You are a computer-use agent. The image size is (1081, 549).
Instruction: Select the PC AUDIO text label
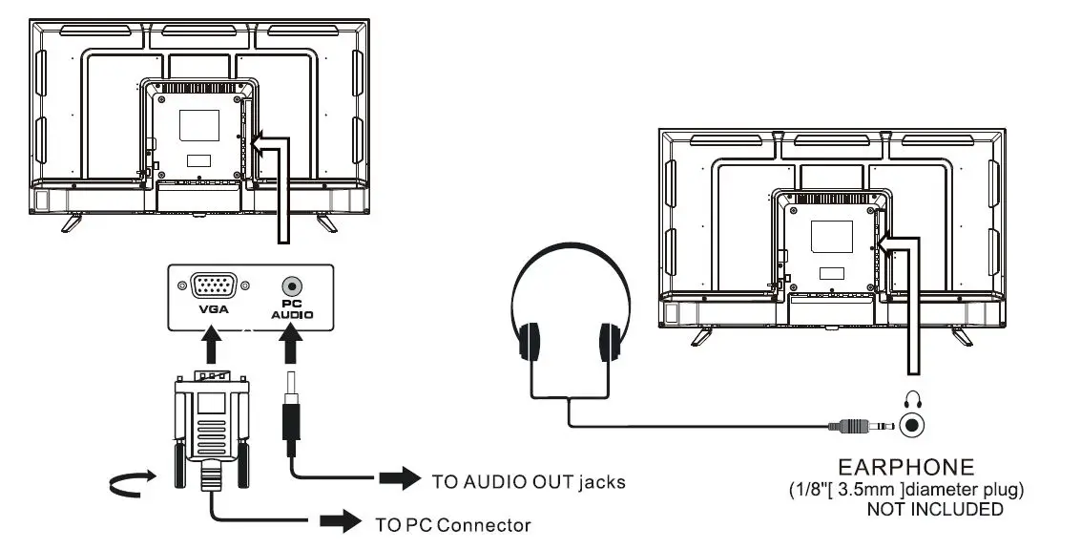(x=292, y=308)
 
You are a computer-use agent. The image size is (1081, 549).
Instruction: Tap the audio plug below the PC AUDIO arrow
(x=293, y=420)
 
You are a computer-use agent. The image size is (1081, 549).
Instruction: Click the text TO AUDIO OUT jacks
(x=529, y=481)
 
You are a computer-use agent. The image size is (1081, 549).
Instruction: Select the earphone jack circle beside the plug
(x=914, y=424)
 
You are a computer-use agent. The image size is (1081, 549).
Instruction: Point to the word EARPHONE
(x=905, y=468)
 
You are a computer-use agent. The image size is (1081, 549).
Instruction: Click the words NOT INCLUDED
(x=934, y=509)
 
